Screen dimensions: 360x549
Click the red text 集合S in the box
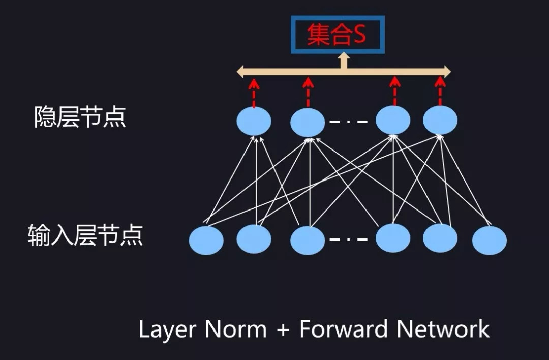(337, 35)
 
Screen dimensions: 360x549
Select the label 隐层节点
(80, 117)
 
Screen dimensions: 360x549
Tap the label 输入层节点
(85, 236)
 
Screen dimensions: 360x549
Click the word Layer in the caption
(167, 329)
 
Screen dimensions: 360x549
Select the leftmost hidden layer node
(254, 121)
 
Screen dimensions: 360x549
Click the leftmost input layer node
(206, 241)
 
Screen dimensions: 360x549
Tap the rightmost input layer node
(489, 241)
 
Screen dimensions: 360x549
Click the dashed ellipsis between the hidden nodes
(348, 122)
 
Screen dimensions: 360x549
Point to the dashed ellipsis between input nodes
(348, 239)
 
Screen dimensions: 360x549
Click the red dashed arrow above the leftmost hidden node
(254, 92)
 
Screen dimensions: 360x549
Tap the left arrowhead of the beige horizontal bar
(241, 71)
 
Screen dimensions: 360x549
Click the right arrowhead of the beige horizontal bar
(447, 71)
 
